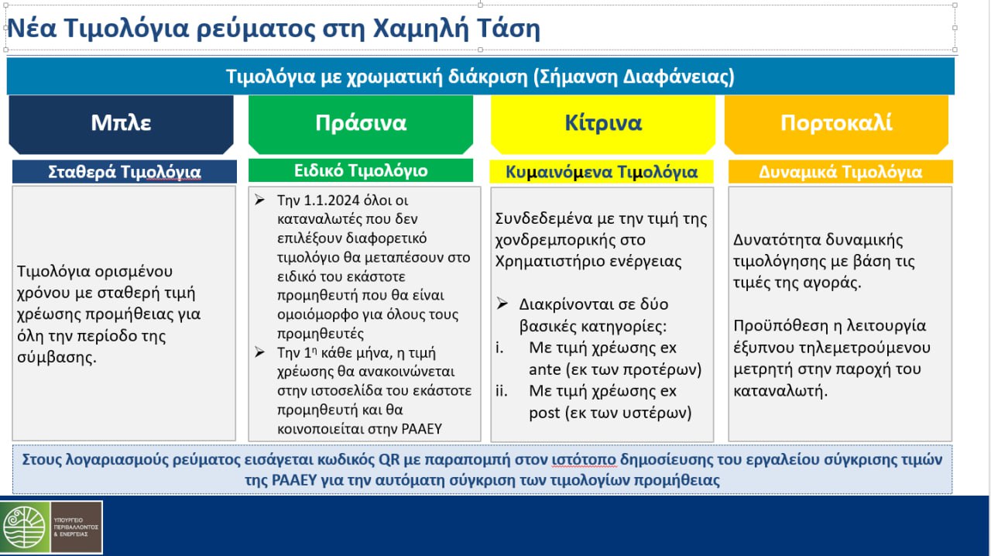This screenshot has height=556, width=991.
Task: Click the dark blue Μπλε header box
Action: coord(121,123)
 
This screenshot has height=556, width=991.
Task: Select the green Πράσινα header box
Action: coord(360,123)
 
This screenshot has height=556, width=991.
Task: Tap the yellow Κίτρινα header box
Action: coord(603,123)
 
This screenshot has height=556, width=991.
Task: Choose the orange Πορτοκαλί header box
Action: coord(836,123)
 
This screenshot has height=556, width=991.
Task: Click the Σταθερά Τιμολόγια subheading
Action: coord(124,172)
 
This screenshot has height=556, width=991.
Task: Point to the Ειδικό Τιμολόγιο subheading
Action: coord(360,170)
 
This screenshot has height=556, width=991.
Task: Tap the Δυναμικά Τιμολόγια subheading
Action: coord(840,172)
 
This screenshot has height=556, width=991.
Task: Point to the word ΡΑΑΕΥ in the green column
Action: coord(420,428)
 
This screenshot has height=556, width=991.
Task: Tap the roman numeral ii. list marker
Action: coord(502,391)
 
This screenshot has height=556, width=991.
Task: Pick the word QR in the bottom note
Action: coord(389,459)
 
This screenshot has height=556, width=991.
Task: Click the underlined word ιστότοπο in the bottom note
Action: coord(584,459)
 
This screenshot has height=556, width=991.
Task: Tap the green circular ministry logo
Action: coord(26,527)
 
